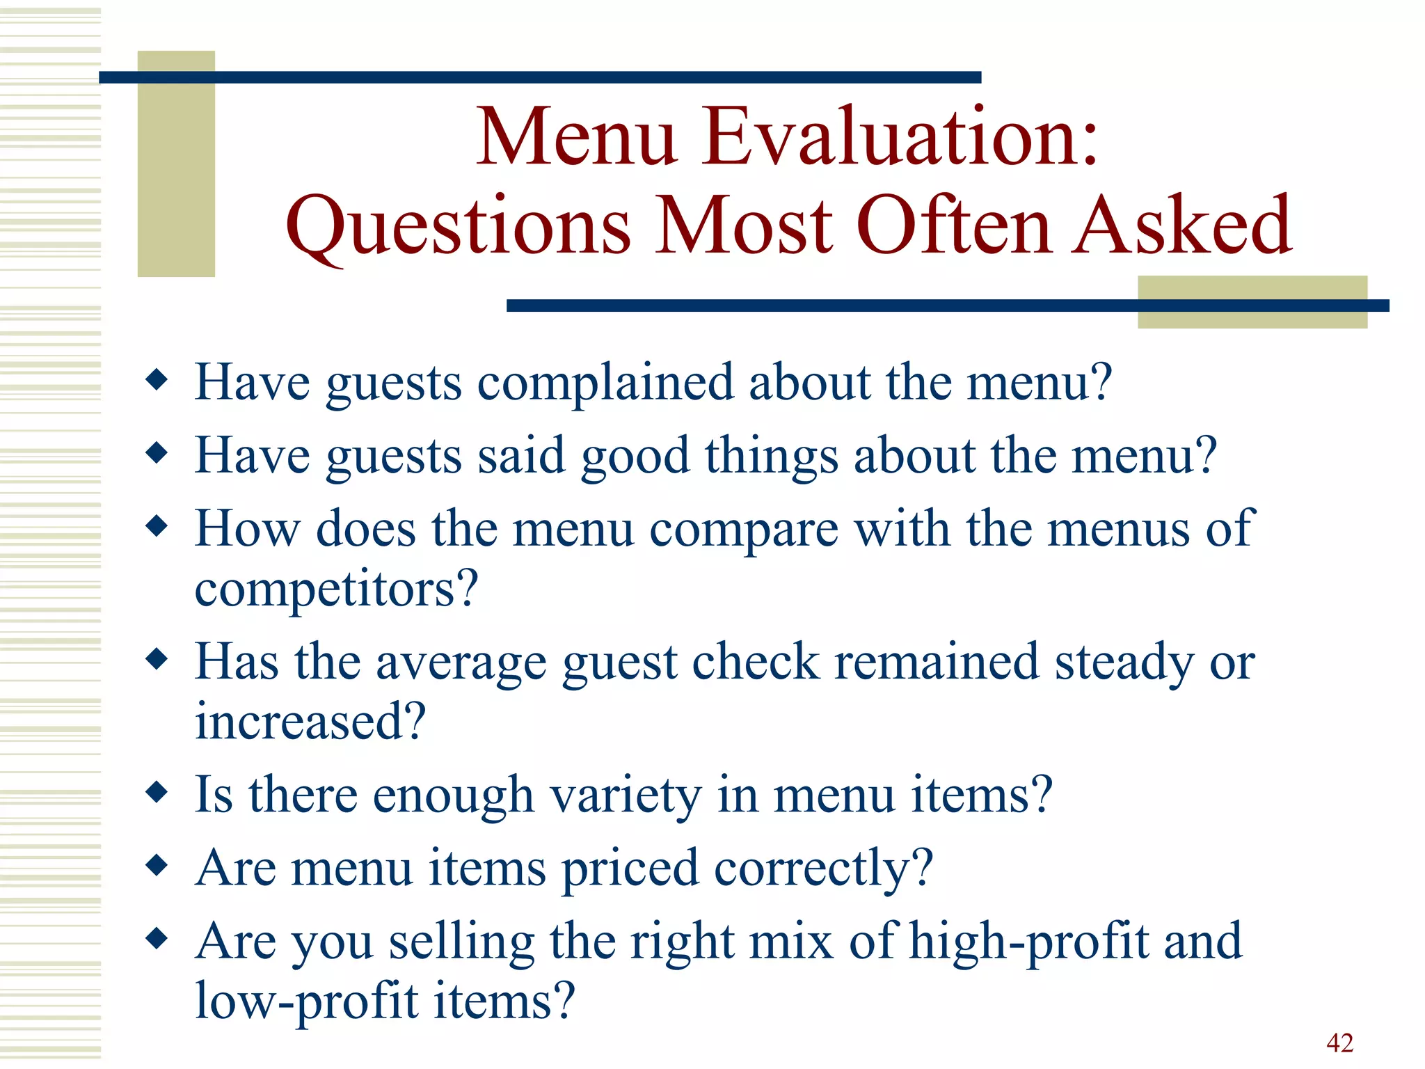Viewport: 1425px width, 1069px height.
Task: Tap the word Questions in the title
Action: pyautogui.click(x=459, y=226)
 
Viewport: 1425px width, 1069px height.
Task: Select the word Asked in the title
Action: pyautogui.click(x=1182, y=225)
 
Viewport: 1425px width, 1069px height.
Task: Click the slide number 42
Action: pyautogui.click(x=1339, y=1043)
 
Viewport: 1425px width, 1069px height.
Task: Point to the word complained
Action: pyautogui.click(x=605, y=383)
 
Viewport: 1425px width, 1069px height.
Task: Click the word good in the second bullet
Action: pyautogui.click(x=635, y=457)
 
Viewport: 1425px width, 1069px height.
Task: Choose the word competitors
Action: pyautogui.click(x=336, y=589)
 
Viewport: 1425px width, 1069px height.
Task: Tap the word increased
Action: pyautogui.click(x=310, y=722)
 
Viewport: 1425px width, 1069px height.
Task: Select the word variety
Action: pyautogui.click(x=626, y=795)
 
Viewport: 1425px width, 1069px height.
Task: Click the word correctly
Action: pyautogui.click(x=823, y=869)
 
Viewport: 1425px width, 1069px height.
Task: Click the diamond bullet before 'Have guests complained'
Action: pyautogui.click(x=157, y=380)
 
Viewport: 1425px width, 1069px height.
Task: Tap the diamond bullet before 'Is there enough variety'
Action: pyautogui.click(x=157, y=792)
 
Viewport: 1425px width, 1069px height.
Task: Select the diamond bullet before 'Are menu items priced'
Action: pyautogui.click(x=157, y=865)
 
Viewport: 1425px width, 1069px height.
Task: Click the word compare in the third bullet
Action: pyautogui.click(x=744, y=530)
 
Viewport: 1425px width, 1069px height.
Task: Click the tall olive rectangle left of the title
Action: pyautogui.click(x=176, y=164)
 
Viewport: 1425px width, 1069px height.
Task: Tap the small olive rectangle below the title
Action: pyautogui.click(x=1252, y=302)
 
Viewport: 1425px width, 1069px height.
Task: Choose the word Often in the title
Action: pyautogui.click(x=953, y=225)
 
